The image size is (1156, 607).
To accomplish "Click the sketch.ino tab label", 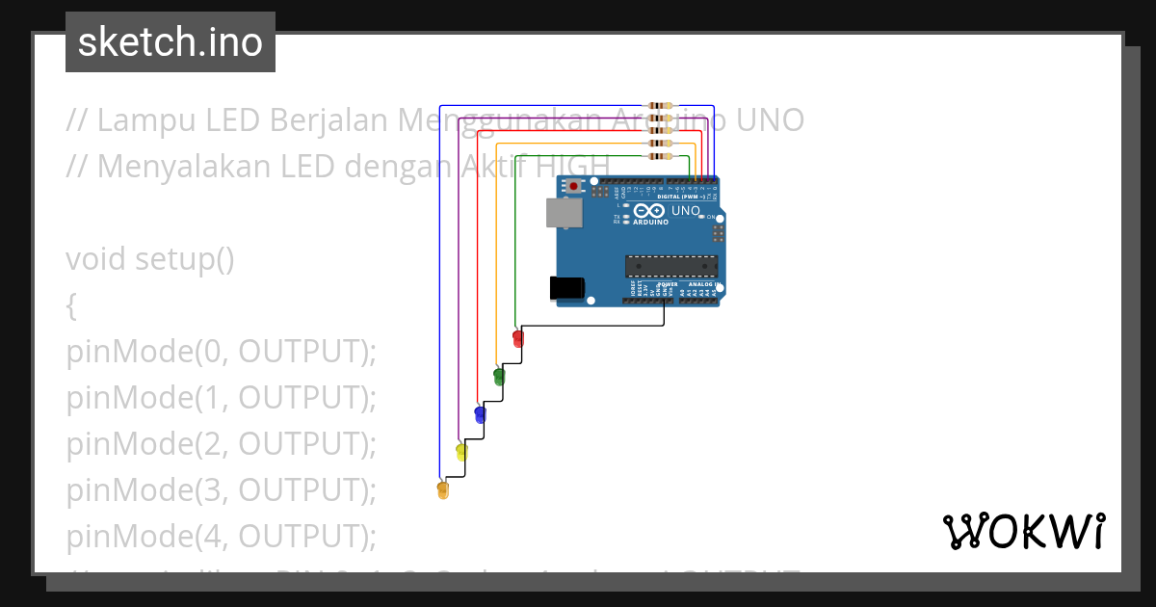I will [171, 42].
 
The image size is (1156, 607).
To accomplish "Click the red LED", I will [518, 338].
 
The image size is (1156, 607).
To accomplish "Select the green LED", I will [499, 376].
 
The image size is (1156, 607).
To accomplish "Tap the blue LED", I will [480, 414].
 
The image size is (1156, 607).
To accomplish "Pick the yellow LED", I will [461, 452].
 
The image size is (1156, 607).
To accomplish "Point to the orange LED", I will [443, 489].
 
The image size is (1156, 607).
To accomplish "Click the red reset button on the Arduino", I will [574, 186].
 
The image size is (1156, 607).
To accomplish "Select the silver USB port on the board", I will [565, 213].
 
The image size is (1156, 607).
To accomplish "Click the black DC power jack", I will [566, 287].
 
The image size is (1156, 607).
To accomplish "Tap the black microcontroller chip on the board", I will [671, 265].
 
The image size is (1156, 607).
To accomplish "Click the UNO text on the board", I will [686, 210].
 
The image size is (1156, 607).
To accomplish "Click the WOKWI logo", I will [1023, 532].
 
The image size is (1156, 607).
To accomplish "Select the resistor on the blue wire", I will [661, 105].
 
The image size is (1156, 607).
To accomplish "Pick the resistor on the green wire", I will [661, 155].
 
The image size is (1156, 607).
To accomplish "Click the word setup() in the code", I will [185, 260].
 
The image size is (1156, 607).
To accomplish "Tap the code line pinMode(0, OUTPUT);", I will [221, 353].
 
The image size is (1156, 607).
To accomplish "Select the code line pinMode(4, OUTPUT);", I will [221, 535].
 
